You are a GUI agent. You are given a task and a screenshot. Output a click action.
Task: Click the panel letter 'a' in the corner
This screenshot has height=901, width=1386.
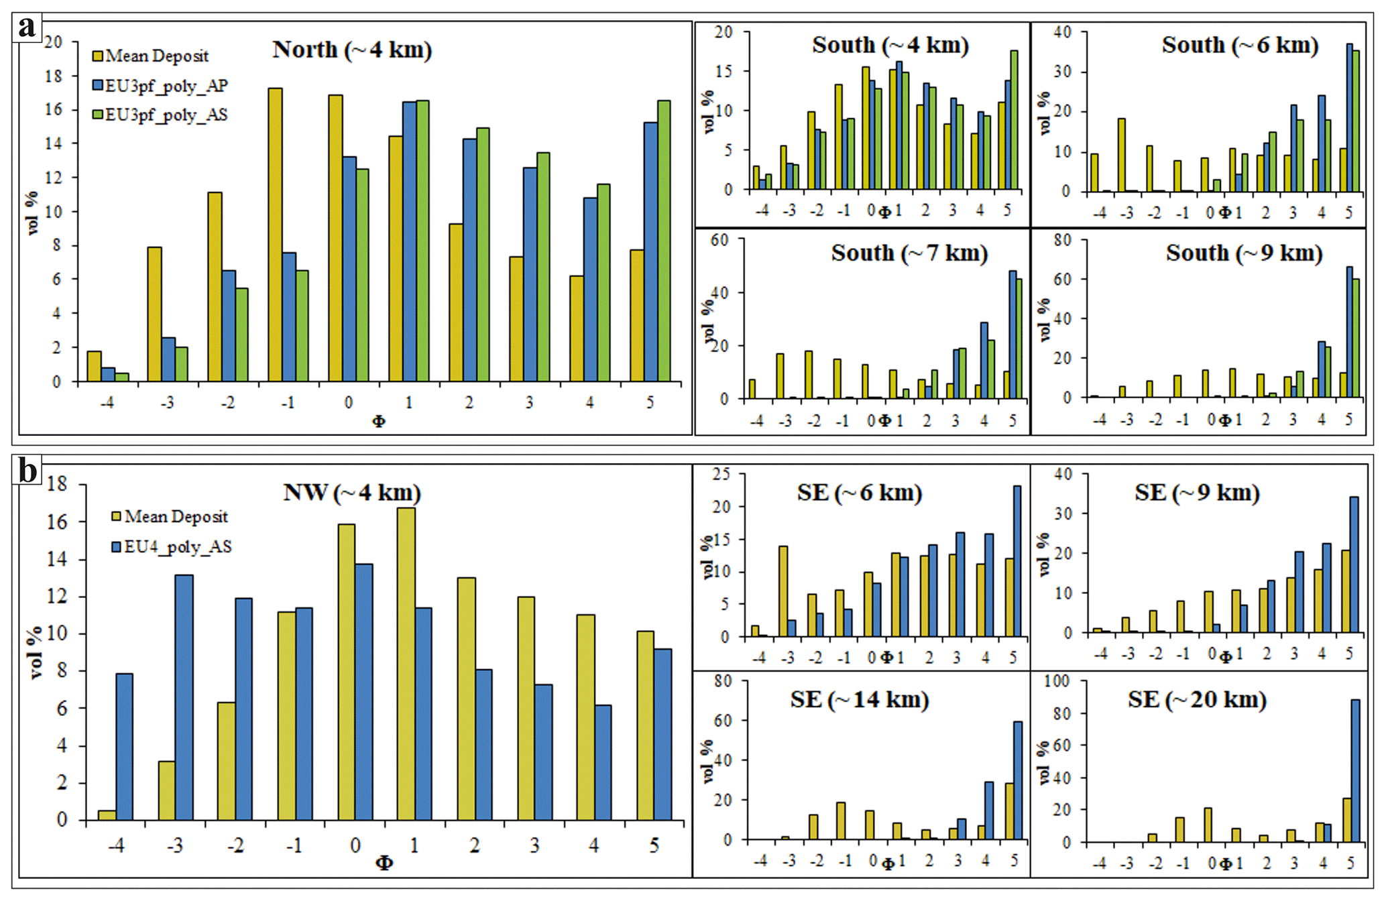click(x=27, y=28)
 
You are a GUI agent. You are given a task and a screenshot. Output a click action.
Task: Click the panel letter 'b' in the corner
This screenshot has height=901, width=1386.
click(x=27, y=470)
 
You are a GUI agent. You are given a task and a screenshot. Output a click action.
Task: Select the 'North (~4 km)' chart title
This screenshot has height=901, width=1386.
click(x=352, y=50)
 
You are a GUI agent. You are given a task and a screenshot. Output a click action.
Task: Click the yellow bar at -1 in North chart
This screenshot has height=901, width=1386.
click(x=275, y=235)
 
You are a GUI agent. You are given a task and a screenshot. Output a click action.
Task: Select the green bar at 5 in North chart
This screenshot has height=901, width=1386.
click(x=664, y=241)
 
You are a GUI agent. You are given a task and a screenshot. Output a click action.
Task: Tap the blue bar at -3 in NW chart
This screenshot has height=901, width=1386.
click(x=184, y=697)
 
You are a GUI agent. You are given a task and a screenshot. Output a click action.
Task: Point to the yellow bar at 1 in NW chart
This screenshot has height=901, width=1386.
click(x=406, y=664)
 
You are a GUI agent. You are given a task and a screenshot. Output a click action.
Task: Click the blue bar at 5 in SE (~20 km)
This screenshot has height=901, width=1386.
click(x=1355, y=771)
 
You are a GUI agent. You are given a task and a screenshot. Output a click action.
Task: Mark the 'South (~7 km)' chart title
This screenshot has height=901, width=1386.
click(x=909, y=253)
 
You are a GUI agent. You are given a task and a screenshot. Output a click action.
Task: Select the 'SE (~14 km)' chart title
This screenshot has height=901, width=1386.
click(x=860, y=700)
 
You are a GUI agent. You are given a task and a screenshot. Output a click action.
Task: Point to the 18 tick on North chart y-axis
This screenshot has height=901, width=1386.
click(x=53, y=76)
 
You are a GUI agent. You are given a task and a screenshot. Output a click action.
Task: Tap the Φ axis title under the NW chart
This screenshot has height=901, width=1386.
click(x=384, y=863)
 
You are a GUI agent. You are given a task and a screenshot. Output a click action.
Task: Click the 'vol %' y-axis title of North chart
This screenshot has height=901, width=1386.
click(x=33, y=213)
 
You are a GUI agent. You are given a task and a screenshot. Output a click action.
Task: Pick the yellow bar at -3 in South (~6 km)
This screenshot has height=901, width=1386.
click(x=1121, y=155)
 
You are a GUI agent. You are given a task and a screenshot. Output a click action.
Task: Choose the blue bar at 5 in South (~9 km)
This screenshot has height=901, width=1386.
click(x=1349, y=332)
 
